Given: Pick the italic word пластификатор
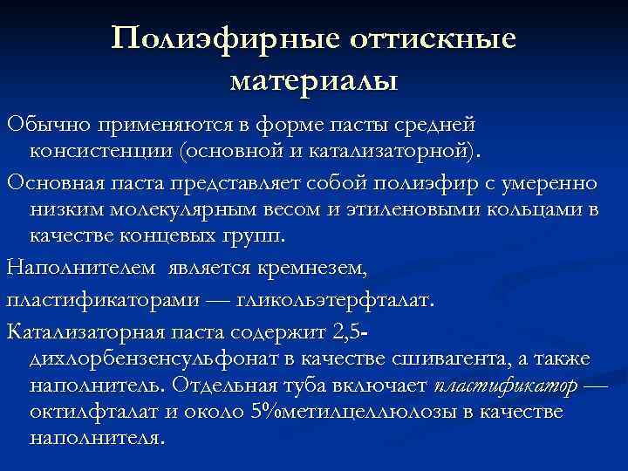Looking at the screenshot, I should pos(504,386).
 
